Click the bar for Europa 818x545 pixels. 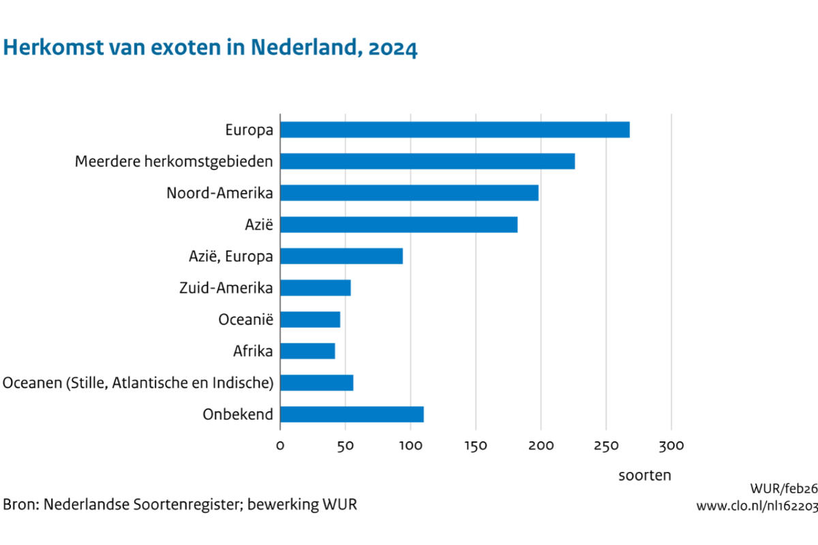click(455, 129)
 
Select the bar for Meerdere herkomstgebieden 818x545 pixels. click(427, 161)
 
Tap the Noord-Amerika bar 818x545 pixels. click(409, 193)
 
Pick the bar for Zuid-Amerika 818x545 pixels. click(315, 287)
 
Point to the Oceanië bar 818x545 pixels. click(310, 320)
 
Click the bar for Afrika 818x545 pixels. click(307, 351)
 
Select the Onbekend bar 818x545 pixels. click(352, 414)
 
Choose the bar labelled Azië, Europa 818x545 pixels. click(341, 256)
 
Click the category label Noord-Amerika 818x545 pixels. click(219, 193)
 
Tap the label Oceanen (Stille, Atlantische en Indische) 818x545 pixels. click(138, 383)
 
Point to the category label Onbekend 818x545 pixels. click(238, 414)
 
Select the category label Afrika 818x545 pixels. click(253, 351)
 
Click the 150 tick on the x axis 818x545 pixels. click(476, 446)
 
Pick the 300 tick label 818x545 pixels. click(671, 446)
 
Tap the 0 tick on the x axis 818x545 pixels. click(280, 446)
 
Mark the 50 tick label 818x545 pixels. click(345, 446)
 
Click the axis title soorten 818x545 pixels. click(645, 476)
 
